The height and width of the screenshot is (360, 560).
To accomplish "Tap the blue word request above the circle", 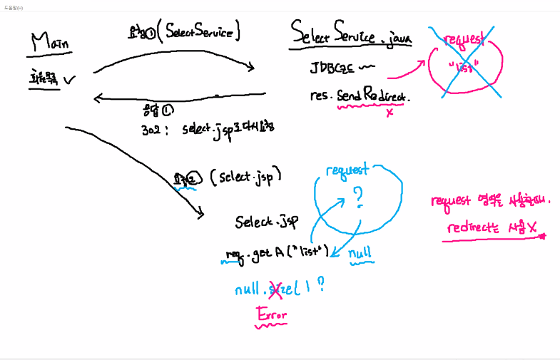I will pos(347,170).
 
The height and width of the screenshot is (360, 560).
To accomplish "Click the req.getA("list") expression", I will pos(275,252).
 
